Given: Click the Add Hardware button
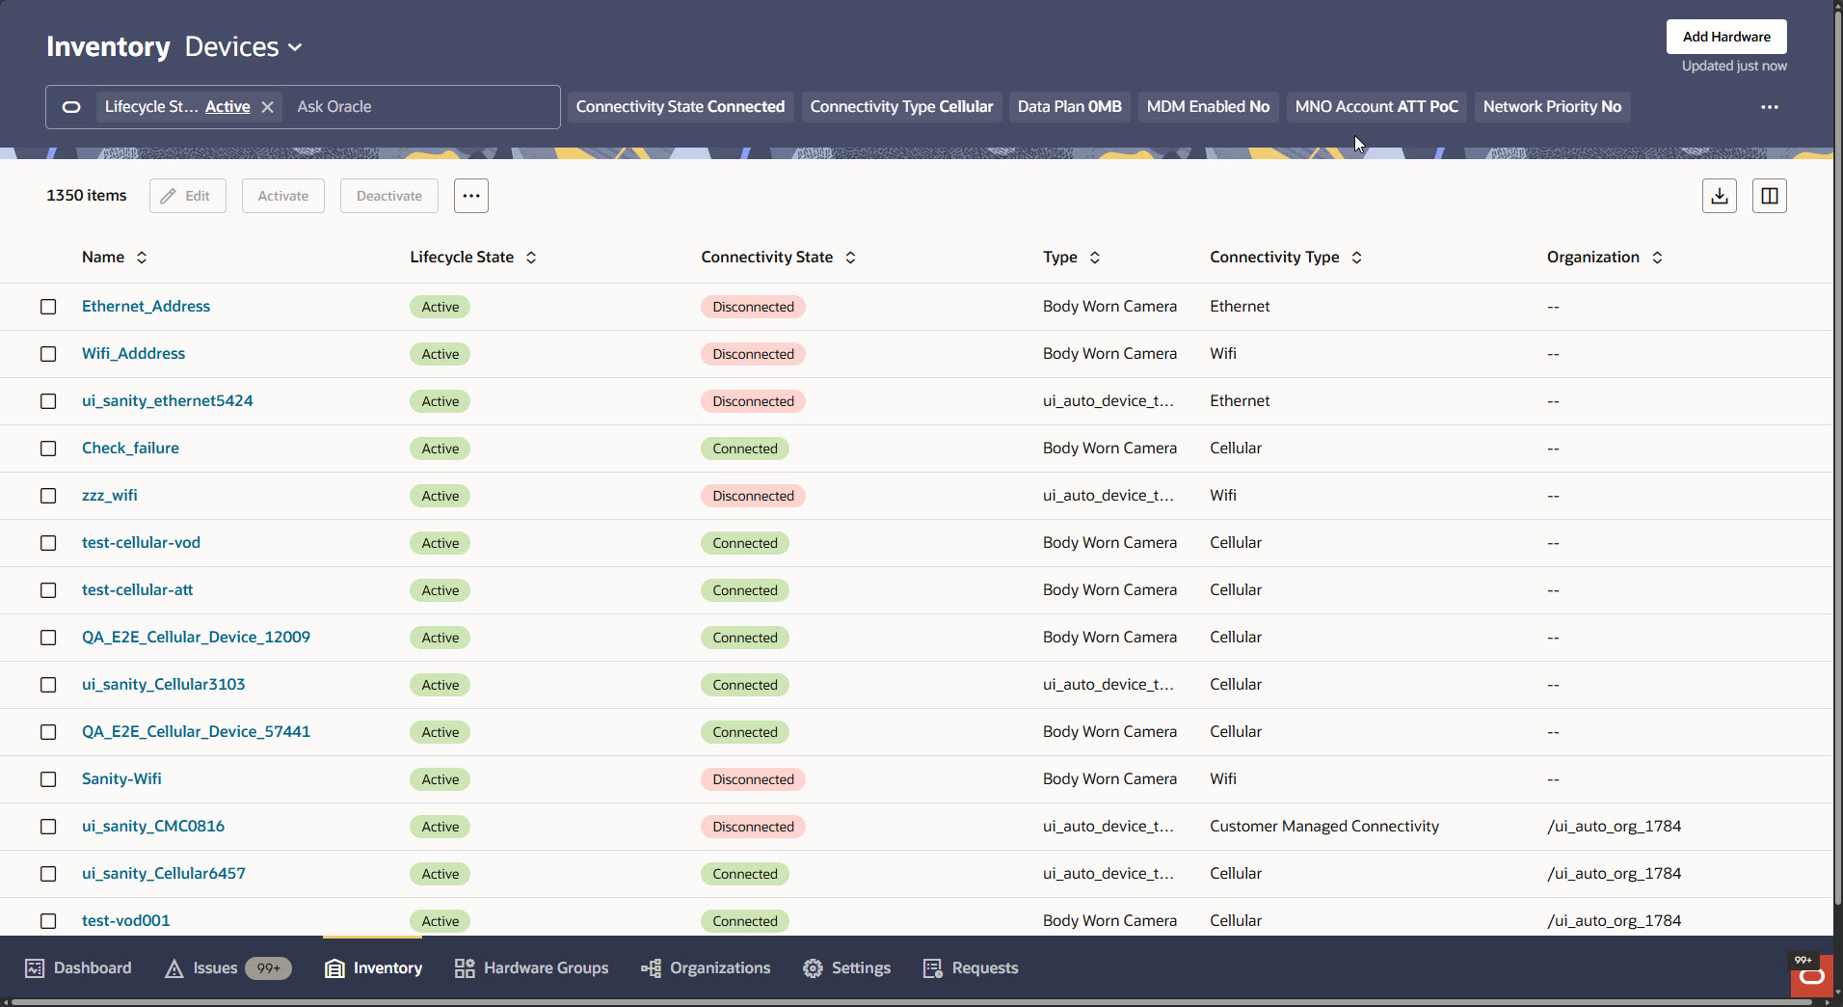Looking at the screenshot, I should click(x=1725, y=37).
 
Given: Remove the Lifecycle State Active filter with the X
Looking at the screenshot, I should click(x=268, y=107).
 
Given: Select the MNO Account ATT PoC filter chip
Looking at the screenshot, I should click(x=1376, y=107).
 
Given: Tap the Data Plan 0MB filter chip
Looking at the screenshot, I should click(x=1069, y=107).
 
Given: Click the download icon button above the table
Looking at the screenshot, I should click(x=1719, y=196).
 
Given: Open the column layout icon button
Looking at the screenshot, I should click(x=1769, y=196).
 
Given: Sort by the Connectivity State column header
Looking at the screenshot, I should click(x=767, y=258).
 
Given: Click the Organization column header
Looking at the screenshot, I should click(x=1593, y=258).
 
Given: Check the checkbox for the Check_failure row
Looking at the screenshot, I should click(x=48, y=449).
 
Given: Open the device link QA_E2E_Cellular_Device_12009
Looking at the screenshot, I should click(x=196, y=638).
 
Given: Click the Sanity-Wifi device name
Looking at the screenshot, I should click(x=121, y=779).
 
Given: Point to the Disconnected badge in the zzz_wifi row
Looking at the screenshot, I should click(x=753, y=496).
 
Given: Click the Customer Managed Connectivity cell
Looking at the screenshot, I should click(x=1323, y=827).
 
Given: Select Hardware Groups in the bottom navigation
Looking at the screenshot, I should click(x=532, y=968).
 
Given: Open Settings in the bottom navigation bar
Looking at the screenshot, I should click(x=847, y=968).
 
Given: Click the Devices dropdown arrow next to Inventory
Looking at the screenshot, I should click(x=296, y=47).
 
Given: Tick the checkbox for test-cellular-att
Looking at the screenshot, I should click(x=48, y=590).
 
